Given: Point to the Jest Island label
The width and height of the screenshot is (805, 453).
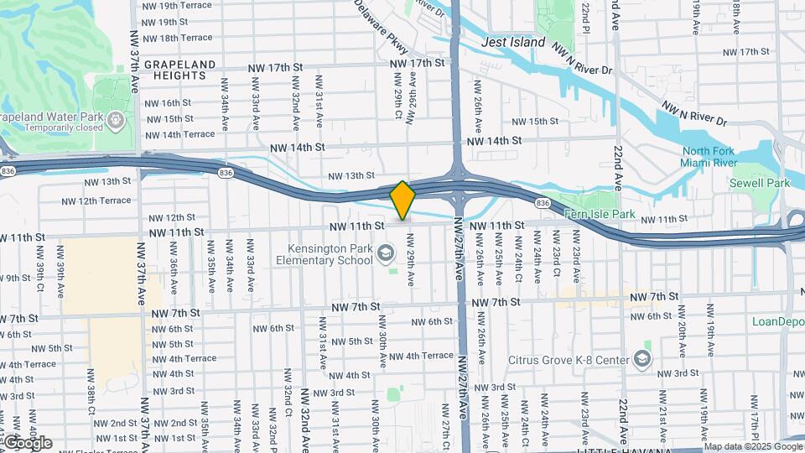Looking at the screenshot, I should (x=513, y=42).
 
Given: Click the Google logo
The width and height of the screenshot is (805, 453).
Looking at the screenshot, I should (x=27, y=443).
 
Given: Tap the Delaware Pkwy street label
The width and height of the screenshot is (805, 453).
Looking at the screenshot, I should (x=380, y=23).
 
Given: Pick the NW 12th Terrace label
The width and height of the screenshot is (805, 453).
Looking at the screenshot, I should (x=96, y=200).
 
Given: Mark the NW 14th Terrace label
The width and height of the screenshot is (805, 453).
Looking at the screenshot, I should (x=179, y=134).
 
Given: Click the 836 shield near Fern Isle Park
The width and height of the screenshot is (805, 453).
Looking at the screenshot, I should (x=543, y=203).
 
